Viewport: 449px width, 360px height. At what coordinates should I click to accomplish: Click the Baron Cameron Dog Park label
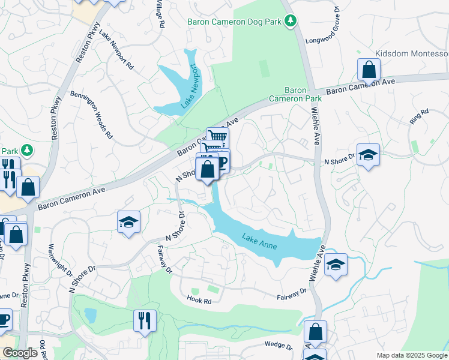click(234, 22)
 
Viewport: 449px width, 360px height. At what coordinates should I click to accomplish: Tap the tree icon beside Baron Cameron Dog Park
click(291, 22)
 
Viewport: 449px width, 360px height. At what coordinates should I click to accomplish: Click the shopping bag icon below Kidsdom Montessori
click(368, 70)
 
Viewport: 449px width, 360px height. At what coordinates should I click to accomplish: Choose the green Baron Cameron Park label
click(288, 94)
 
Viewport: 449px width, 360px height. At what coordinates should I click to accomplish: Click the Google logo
click(20, 353)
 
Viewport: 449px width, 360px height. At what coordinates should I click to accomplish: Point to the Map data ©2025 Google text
click(411, 355)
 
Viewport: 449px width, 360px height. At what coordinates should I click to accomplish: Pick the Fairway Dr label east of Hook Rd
click(292, 295)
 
